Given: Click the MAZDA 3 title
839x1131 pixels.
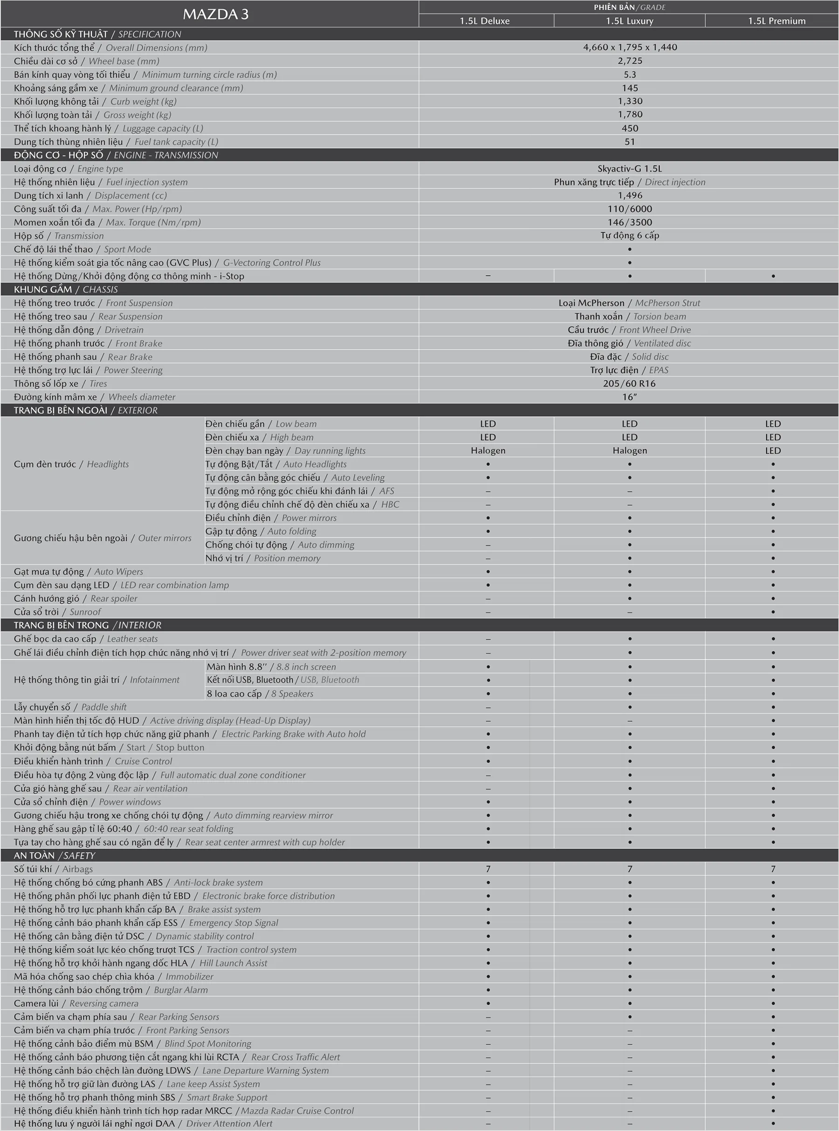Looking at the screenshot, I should [215, 14].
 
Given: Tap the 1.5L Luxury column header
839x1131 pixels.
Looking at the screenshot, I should [629, 21].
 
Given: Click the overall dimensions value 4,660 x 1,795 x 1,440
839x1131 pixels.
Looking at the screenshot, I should [630, 47].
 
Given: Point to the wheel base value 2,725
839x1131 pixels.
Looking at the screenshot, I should [630, 61].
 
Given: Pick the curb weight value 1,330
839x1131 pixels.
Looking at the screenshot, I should [630, 101].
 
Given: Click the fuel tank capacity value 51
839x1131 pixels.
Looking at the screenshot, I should [630, 142].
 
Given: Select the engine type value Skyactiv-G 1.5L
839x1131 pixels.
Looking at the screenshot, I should [630, 169].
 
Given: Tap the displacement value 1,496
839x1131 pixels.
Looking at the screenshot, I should [630, 195].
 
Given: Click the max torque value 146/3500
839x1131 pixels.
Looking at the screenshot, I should [630, 222].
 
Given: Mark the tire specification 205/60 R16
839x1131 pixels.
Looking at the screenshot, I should [629, 383].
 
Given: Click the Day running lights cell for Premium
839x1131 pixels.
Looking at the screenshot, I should [772, 450].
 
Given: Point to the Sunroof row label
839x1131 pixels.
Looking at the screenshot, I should [57, 612].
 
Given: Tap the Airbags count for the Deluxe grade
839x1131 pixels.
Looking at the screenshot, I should [488, 869].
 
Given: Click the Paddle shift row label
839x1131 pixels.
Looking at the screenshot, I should [70, 707].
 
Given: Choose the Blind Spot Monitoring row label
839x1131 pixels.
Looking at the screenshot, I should [132, 1044].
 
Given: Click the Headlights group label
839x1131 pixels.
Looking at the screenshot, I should [71, 464].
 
